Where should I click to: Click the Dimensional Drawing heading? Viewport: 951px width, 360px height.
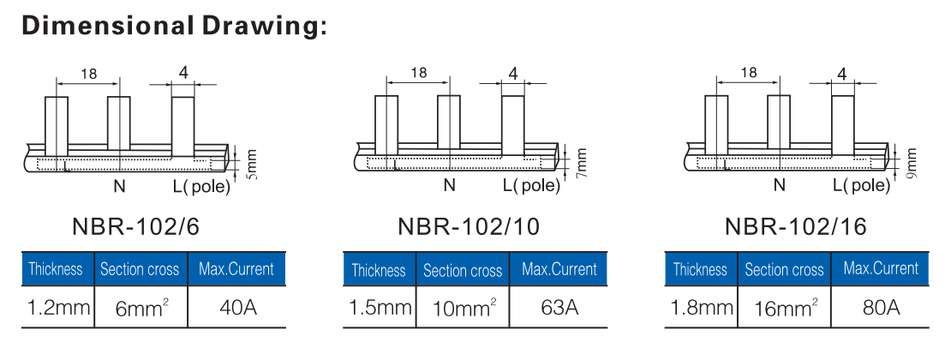pos(174,26)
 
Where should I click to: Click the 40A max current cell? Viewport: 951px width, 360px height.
pos(236,307)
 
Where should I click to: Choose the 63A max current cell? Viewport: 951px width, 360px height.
pos(559,307)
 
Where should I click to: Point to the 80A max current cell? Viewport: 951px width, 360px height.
pos(881,307)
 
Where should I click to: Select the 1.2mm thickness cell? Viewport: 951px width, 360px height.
pos(58,307)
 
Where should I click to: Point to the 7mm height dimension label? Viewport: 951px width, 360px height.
pos(582,163)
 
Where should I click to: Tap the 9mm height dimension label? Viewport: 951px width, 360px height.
pos(911,163)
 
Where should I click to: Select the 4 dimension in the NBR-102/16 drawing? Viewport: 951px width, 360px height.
pos(841,74)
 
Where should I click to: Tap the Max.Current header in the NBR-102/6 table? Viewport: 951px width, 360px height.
pos(236,269)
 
